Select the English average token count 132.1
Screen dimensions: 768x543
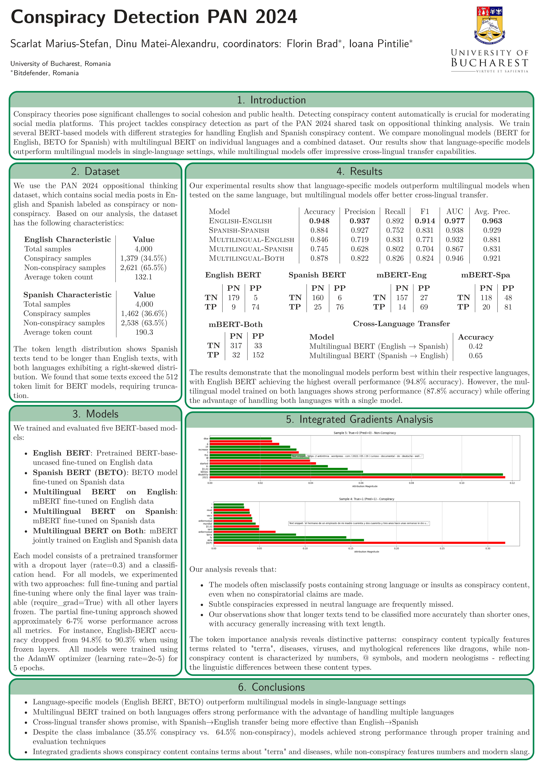(x=143, y=277)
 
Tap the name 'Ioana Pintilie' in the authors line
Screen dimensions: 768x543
(x=379, y=44)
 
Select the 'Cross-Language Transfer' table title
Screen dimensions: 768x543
(x=401, y=324)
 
